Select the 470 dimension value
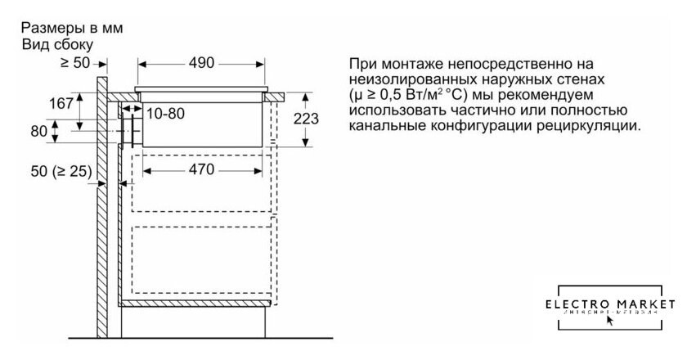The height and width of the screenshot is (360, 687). pyautogui.click(x=196, y=170)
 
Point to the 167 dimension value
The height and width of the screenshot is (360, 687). pyautogui.click(x=62, y=103)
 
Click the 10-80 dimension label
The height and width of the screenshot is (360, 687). pyautogui.click(x=166, y=114)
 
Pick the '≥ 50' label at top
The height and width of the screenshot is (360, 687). pyautogui.click(x=75, y=62)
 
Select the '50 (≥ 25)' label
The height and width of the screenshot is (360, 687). pyautogui.click(x=59, y=174)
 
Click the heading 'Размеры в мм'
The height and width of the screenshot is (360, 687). pyautogui.click(x=71, y=28)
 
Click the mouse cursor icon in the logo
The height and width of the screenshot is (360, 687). pyautogui.click(x=609, y=320)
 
